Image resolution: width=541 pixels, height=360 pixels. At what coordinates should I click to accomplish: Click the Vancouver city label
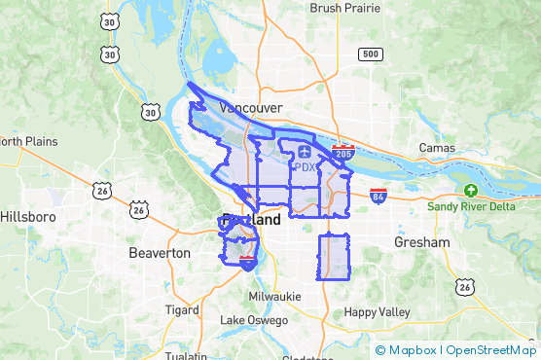click(251, 107)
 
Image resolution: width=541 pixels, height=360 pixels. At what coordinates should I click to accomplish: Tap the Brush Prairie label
click(344, 8)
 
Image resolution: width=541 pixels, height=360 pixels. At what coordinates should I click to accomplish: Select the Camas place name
click(437, 148)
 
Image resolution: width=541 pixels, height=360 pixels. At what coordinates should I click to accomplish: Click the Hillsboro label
click(30, 216)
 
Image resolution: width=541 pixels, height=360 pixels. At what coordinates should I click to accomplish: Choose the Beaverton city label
click(160, 253)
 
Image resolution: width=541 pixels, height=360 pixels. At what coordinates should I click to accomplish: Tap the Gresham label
click(422, 241)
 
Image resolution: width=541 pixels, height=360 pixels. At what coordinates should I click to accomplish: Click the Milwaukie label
click(275, 296)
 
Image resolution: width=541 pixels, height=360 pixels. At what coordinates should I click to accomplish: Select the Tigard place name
click(181, 310)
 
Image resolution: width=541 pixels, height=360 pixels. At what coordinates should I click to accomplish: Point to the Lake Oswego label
click(254, 320)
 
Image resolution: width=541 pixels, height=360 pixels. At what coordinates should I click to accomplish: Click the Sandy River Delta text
click(471, 206)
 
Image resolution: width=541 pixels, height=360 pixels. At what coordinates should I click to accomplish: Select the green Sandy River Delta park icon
click(471, 191)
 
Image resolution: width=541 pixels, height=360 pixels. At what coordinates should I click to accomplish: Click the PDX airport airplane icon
click(306, 152)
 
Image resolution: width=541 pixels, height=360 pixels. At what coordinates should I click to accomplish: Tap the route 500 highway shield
click(369, 54)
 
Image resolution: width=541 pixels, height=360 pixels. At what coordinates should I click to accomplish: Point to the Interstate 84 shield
click(379, 196)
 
